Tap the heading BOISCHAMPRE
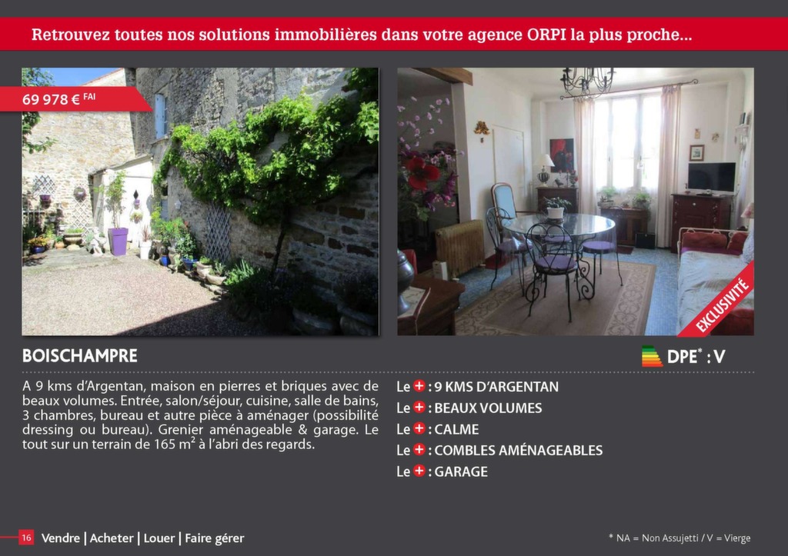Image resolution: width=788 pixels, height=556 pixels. point(80,355)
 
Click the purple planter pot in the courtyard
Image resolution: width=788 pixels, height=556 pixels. point(118,241)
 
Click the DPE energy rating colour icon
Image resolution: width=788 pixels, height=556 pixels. point(652,356)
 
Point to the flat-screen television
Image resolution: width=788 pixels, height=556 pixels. point(712,178)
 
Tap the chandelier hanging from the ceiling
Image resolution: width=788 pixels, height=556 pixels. point(587,82)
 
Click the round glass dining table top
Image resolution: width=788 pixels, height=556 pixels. point(558,225)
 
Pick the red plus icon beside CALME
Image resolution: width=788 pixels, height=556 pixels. point(419,428)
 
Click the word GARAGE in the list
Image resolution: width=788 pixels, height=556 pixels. point(461,471)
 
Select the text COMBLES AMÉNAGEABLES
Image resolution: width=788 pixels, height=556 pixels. point(518,450)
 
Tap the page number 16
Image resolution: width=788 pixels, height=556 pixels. point(26,538)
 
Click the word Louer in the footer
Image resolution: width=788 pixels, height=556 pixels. point(159,538)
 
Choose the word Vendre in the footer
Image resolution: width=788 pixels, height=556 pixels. point(60,538)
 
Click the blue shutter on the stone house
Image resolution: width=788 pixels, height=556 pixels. point(160,116)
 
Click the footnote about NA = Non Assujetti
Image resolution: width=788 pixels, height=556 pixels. point(679,538)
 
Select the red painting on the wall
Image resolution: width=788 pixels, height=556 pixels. point(561,154)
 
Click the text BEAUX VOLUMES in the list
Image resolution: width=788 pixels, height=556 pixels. point(488,408)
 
